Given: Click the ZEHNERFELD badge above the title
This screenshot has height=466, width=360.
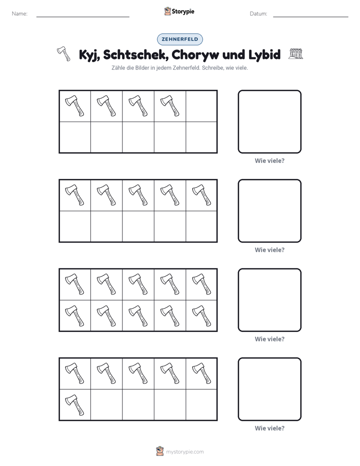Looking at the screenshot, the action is (179, 39).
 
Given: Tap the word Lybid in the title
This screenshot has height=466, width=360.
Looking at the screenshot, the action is (264, 54).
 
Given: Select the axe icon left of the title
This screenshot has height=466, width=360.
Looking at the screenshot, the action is (64, 53).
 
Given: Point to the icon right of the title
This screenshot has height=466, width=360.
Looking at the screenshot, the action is (296, 54).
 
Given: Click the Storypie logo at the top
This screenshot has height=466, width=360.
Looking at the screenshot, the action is (179, 12).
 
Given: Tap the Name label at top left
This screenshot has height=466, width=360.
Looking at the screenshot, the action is (20, 14).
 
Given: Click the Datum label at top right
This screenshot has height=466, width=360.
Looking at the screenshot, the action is (259, 14).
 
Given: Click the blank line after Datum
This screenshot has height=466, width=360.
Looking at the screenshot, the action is (311, 17).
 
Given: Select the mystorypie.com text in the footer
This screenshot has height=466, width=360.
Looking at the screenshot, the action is (185, 452).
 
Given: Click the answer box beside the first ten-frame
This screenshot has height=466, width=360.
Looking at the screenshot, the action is (270, 122).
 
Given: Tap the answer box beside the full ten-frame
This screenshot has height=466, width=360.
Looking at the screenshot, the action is (270, 300).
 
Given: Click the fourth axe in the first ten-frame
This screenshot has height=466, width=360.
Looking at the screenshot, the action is (170, 106).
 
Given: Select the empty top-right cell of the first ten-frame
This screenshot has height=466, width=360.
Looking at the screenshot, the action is (201, 106).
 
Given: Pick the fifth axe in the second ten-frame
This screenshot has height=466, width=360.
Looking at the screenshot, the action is (202, 195).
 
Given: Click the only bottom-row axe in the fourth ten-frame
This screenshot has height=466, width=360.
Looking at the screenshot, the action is (75, 405).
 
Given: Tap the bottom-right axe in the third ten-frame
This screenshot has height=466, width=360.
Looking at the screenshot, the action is (202, 316).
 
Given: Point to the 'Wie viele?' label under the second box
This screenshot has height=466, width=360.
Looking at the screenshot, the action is (270, 250).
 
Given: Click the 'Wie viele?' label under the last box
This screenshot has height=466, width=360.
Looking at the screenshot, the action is (270, 428).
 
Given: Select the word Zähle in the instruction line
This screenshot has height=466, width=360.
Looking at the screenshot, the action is (117, 68).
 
